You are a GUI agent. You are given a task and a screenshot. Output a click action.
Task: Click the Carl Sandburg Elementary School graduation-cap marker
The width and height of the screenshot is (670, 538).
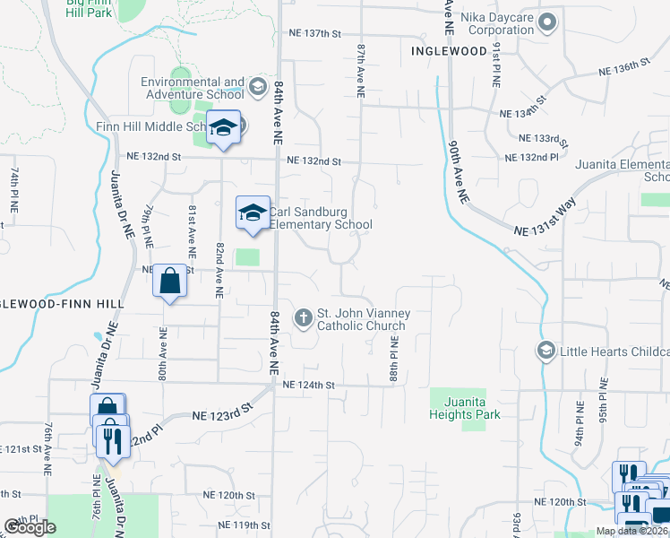253,213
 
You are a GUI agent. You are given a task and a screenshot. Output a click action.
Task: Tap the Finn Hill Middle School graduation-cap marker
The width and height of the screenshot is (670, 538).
223,126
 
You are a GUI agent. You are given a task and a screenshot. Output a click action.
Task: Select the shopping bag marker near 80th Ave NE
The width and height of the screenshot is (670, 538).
170,282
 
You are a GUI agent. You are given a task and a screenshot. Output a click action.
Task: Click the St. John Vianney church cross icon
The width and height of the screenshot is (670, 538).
304,317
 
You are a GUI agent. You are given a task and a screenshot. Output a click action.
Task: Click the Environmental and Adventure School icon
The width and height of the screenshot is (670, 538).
258,86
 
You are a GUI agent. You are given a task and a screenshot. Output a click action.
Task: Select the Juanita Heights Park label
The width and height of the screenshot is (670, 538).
464,409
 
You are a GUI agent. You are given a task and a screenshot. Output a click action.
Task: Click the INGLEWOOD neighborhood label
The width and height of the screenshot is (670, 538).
449,51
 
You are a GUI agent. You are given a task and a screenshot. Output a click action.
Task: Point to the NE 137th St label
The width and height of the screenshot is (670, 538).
315,33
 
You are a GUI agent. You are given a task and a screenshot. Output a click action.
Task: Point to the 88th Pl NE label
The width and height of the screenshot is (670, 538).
393,360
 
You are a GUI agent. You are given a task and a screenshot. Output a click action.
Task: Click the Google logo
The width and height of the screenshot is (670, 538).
30,527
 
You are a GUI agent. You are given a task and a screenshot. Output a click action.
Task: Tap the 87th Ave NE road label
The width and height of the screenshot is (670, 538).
360,68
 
